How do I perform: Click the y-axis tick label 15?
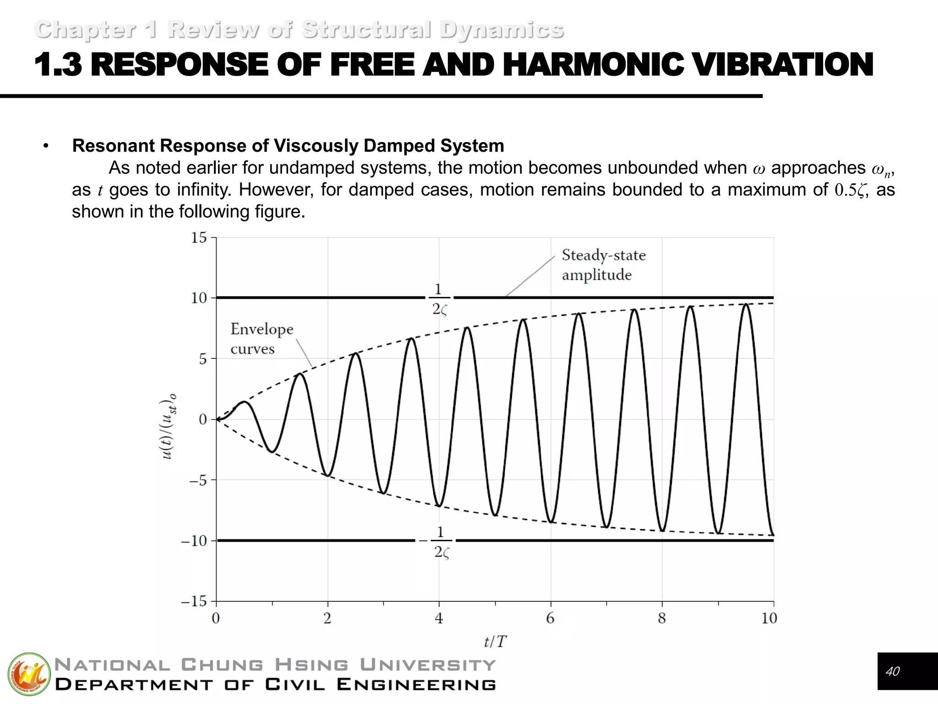[199, 237]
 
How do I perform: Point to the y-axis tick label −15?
[194, 601]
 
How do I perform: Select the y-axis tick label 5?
[202, 359]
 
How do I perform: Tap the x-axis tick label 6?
[550, 618]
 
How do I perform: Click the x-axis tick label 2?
[327, 618]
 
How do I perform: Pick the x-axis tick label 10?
[769, 618]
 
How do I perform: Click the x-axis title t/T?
[495, 641]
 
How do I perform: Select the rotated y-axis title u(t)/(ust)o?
[167, 426]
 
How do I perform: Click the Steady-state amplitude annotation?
[603, 265]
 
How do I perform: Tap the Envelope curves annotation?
[262, 339]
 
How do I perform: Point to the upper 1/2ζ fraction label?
[439, 299]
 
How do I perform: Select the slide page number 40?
[893, 671]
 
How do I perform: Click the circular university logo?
[29, 674]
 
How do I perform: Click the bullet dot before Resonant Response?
[45, 146]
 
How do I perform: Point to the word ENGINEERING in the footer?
[416, 685]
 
